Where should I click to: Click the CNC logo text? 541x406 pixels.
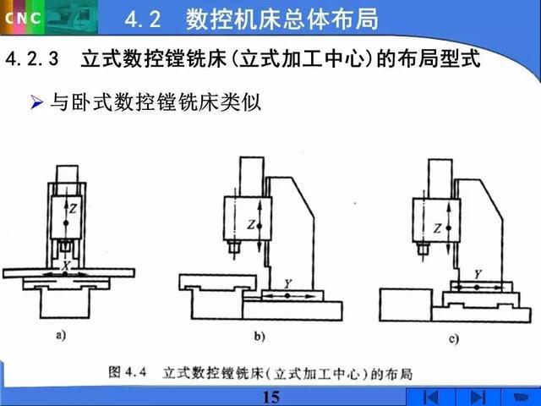point(23,18)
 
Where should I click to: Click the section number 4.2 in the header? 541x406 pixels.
point(143,19)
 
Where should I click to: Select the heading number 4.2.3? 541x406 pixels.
point(32,58)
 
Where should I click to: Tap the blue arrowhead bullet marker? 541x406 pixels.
point(36,102)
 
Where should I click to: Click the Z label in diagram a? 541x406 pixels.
point(74,209)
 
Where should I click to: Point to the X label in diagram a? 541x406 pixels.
point(66,266)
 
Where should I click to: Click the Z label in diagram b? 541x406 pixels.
point(251,225)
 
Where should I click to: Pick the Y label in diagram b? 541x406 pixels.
point(287,284)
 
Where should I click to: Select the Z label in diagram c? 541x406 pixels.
point(438,228)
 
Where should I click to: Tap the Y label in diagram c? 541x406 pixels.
point(478,274)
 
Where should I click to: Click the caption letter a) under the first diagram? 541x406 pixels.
point(61,335)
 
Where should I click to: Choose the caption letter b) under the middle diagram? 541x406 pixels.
point(260,337)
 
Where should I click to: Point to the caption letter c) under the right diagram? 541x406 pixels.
point(454,339)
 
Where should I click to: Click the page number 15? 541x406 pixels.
point(271,398)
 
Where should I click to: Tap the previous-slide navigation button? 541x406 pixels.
point(430,397)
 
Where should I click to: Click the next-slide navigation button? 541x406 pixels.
point(478,397)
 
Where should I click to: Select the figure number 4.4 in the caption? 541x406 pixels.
point(136,372)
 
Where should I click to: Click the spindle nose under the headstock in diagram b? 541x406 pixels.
point(234,248)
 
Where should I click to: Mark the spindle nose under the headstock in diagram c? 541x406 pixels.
point(423,249)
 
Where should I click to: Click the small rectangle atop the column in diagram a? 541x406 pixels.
point(68,174)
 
